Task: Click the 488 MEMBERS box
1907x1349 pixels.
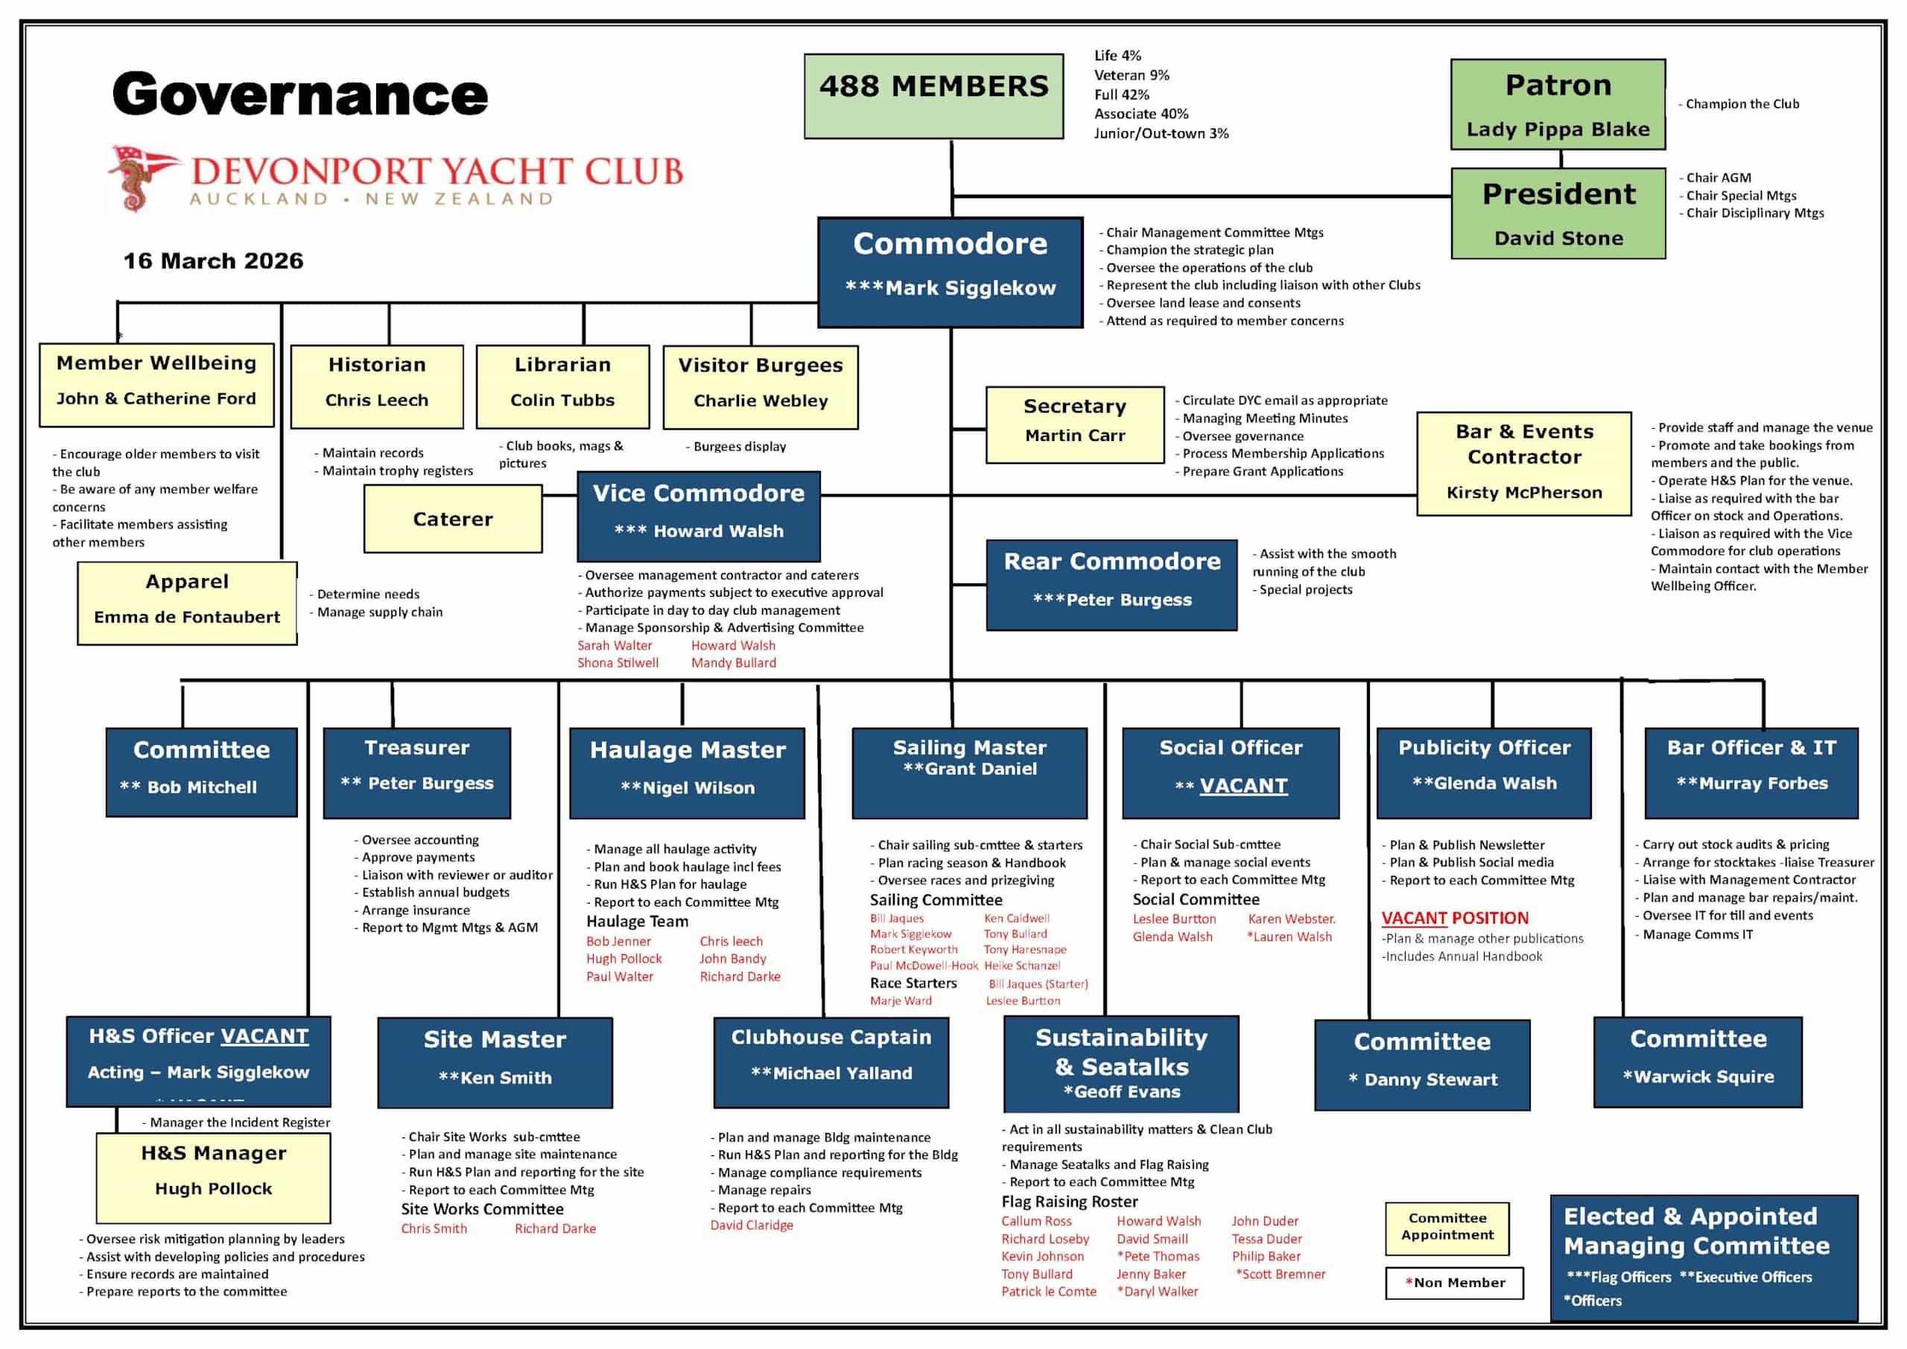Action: coord(933,95)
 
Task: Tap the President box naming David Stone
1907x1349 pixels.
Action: coord(1558,214)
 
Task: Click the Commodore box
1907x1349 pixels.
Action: coord(951,272)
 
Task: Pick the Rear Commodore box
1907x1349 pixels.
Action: coord(1111,584)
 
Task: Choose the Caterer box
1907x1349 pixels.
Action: coord(453,519)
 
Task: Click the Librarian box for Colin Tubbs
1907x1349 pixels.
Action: coord(562,387)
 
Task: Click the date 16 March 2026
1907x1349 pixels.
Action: coord(214,261)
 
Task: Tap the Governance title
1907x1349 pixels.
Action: coord(300,94)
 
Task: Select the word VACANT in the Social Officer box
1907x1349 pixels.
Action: coord(1243,785)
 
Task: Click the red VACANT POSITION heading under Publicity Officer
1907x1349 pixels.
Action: coord(1454,918)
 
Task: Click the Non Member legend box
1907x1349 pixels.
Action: coord(1454,1283)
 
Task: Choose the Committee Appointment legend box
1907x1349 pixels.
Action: coord(1447,1227)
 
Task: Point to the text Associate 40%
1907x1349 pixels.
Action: coord(1140,114)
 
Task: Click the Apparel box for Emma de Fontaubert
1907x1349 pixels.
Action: coord(187,603)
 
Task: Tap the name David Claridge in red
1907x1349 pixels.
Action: coord(752,1225)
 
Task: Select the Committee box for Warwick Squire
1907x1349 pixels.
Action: coord(1698,1061)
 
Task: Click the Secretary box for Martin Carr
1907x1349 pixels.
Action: coord(1075,425)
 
